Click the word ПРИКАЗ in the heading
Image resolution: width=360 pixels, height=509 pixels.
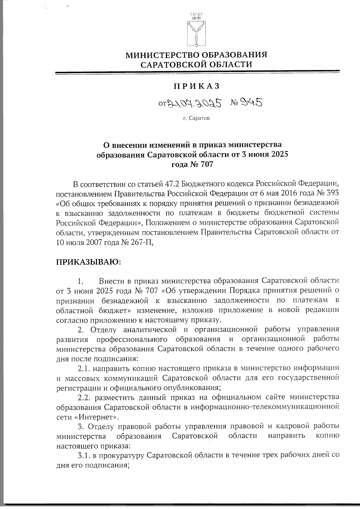point(197,86)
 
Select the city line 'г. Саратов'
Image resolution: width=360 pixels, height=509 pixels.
point(197,118)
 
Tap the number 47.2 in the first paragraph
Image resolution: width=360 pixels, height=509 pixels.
point(173,183)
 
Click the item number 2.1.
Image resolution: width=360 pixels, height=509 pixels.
point(84,368)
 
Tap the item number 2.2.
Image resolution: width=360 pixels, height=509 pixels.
point(84,397)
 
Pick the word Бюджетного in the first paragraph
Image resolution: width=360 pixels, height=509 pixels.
point(204,183)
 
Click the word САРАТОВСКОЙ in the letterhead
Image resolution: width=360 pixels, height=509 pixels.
point(172,64)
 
